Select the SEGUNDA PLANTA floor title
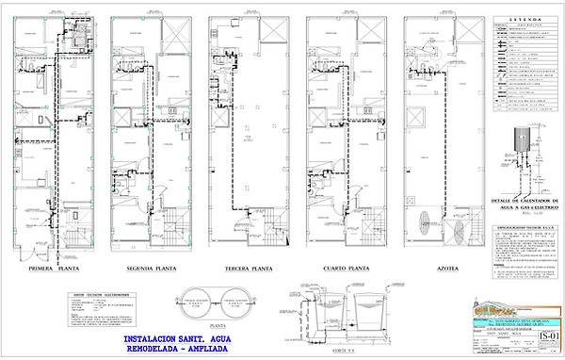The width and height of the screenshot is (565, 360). click(145, 268)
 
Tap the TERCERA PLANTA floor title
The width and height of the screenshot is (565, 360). click(243, 268)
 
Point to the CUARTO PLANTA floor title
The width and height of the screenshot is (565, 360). click(340, 268)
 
